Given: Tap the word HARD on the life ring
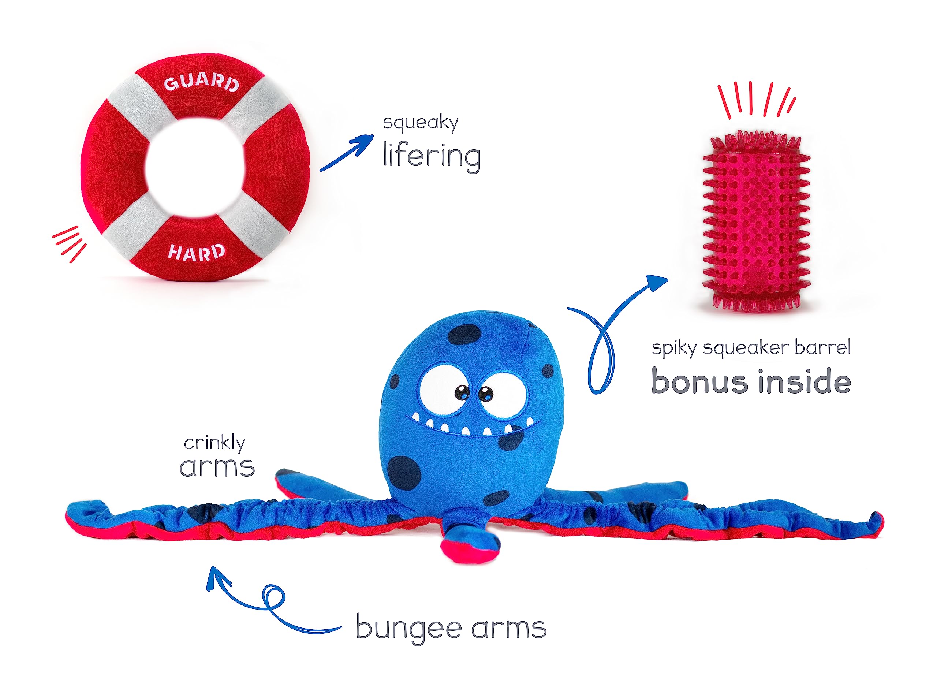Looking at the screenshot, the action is pyautogui.click(x=196, y=252).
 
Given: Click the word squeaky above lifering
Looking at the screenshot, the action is pyautogui.click(x=420, y=123).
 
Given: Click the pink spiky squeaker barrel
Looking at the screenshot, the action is pyautogui.click(x=756, y=221).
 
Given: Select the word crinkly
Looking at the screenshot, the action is pyautogui.click(x=214, y=444).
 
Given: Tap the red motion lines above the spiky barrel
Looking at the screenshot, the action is pyautogui.click(x=756, y=100).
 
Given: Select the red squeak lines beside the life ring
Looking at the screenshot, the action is pyautogui.click(x=70, y=244).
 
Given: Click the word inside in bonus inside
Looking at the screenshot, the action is pyautogui.click(x=805, y=380).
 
